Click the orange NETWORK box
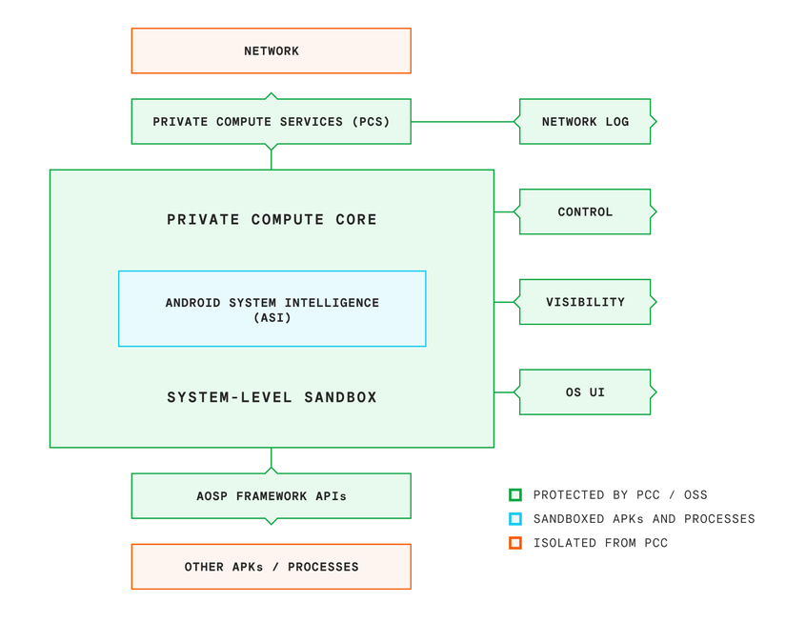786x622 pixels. tap(271, 51)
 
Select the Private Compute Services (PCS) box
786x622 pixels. tap(271, 122)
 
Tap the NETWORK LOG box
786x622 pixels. tap(585, 122)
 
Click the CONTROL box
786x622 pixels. tap(585, 211)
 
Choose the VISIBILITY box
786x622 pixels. tap(585, 302)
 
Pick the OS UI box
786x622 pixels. tap(585, 392)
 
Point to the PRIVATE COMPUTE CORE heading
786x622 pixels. tap(272, 220)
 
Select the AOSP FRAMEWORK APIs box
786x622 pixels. tap(271, 496)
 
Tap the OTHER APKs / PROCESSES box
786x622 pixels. tap(271, 567)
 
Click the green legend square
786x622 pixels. tap(515, 495)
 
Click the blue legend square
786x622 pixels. tap(515, 519)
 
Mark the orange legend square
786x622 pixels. tap(515, 543)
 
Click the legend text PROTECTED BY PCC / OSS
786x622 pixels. tap(619, 495)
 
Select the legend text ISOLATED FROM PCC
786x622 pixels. tap(600, 543)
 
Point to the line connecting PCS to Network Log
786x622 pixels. tap(464, 122)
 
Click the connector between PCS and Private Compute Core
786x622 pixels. tap(272, 158)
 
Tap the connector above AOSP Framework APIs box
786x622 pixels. tap(272, 460)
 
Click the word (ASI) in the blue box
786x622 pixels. tap(272, 317)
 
